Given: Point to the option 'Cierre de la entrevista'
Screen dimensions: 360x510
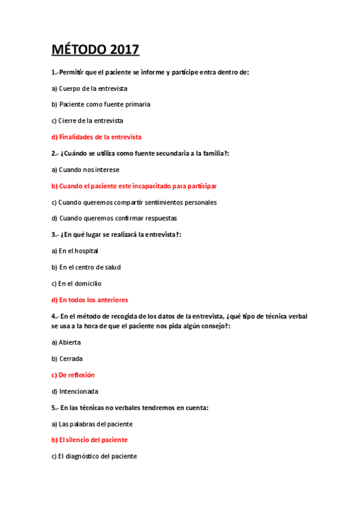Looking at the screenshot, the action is tap(91, 121).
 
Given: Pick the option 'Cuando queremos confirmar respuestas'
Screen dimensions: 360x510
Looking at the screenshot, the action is tap(114, 218).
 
